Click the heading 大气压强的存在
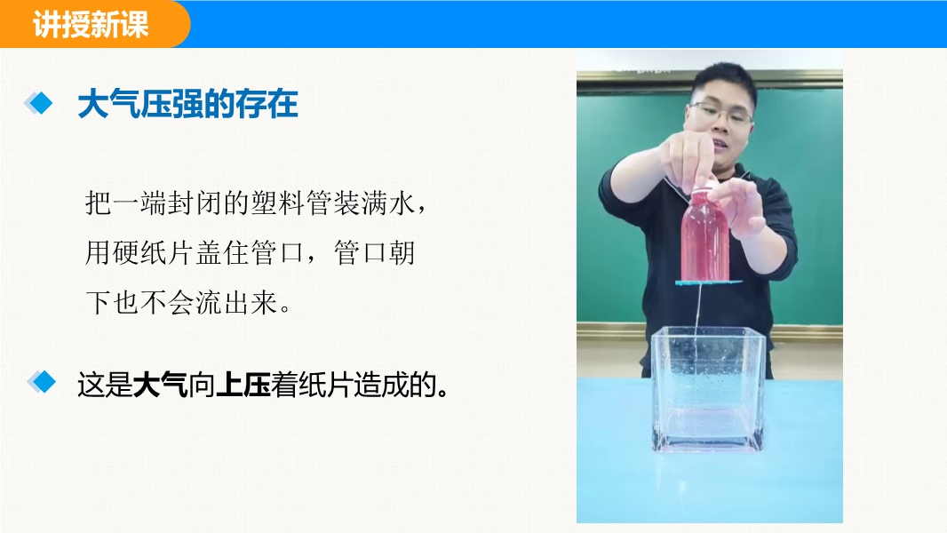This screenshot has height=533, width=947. click(x=187, y=105)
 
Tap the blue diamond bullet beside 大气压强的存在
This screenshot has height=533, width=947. click(x=39, y=103)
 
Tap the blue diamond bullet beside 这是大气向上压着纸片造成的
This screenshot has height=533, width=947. click(x=42, y=382)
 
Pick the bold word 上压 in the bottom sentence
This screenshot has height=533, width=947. click(x=243, y=386)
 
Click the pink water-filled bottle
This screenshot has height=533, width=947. click(x=704, y=235)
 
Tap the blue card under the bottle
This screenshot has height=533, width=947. click(x=708, y=282)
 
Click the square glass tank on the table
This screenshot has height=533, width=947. click(x=708, y=389)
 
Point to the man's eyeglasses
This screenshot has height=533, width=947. click(x=720, y=113)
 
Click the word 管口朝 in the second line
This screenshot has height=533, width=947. click(x=375, y=253)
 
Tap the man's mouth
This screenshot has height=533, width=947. click(x=719, y=144)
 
